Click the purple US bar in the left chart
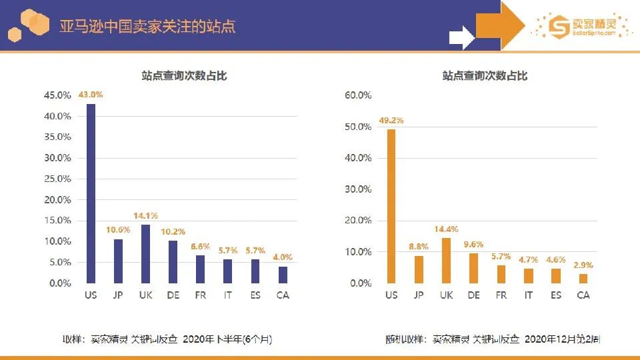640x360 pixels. click(91, 193)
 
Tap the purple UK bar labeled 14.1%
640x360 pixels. click(145, 254)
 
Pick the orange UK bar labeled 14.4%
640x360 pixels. click(446, 261)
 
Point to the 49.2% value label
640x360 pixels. click(391, 121)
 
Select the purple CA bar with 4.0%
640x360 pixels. click(283, 275)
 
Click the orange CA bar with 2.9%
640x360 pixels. click(583, 279)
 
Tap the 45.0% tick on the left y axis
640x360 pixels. click(57, 95)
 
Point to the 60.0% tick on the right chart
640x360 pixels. click(358, 95)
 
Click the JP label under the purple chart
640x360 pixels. click(118, 295)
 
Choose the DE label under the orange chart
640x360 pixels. click(474, 295)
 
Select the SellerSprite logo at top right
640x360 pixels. click(581, 27)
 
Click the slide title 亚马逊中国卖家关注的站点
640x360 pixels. click(147, 27)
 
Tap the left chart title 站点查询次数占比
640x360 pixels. click(184, 76)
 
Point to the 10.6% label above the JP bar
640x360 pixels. click(118, 231)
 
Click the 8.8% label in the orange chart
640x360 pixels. click(419, 247)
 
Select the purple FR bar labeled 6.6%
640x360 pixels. click(200, 269)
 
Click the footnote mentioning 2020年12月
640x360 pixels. click(493, 339)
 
